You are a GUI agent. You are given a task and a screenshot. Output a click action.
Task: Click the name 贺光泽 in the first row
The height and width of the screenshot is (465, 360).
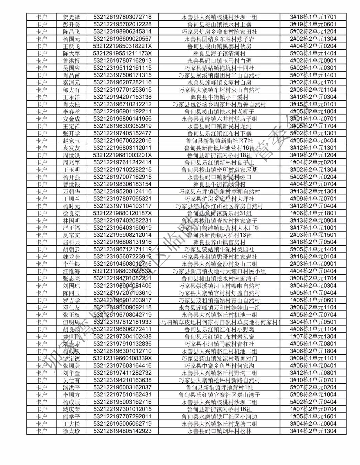tap(71, 17)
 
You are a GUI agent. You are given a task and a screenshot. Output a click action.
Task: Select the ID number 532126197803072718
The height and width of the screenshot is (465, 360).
tap(122, 17)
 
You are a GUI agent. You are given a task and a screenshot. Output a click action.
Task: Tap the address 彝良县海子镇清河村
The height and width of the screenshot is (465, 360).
tap(219, 53)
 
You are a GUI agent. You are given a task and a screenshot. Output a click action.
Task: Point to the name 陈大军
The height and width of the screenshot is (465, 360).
tap(71, 53)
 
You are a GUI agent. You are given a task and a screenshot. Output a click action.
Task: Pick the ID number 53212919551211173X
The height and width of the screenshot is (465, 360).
tap(122, 53)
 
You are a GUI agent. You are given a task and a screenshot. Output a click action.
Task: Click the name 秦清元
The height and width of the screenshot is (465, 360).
tap(71, 82)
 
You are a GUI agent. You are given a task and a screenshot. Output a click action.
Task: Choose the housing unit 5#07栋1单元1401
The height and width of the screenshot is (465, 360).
tap(313, 75)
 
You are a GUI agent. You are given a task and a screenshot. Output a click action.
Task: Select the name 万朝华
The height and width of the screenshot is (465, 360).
tap(71, 192)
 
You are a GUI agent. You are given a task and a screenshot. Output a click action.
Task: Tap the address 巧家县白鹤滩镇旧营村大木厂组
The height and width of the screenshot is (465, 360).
tap(219, 228)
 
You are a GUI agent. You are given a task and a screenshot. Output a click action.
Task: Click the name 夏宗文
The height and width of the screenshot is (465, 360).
tap(71, 235)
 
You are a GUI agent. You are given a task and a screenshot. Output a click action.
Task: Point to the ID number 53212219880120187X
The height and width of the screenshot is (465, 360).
tap(122, 213)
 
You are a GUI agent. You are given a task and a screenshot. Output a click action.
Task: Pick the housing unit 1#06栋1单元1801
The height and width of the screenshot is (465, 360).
tap(313, 213)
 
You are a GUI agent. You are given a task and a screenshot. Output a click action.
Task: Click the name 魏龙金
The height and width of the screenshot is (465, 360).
tap(71, 257)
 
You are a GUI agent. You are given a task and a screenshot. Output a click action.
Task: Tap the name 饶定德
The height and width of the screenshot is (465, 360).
tap(71, 358)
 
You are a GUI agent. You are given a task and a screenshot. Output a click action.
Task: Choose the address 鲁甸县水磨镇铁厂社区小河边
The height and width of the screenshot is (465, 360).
tap(219, 417)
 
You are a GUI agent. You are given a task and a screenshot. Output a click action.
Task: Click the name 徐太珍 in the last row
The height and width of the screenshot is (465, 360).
tap(71, 431)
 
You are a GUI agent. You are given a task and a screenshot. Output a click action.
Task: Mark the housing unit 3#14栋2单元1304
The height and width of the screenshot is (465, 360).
tap(313, 431)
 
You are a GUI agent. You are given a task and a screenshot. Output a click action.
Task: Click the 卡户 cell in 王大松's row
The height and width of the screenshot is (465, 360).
tap(41, 424)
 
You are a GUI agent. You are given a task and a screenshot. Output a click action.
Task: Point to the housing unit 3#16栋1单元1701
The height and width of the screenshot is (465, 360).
tap(313, 17)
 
